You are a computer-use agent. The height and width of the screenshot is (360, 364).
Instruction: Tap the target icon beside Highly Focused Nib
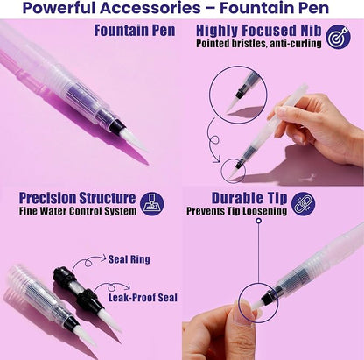pos(339,37)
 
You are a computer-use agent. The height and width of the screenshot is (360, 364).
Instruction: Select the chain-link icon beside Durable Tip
pos(304,204)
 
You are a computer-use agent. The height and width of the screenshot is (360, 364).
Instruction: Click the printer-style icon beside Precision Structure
pos(152,204)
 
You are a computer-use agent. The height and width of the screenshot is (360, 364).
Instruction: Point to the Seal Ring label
pos(129,259)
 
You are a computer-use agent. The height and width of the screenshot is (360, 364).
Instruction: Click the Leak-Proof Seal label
pos(143,298)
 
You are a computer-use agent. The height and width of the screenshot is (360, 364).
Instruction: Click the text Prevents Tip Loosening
pos(237,211)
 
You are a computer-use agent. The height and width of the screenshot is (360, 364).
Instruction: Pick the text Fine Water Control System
pos(78,211)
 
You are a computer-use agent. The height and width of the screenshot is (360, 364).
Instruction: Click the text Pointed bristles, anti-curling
pos(259,44)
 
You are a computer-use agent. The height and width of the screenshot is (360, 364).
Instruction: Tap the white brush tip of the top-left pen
pos(136,141)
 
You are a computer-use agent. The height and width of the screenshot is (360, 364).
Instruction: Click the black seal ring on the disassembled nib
pos(60,275)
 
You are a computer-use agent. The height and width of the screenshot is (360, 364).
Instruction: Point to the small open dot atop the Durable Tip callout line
pos(258,220)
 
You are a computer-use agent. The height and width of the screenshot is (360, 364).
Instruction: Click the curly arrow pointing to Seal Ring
pos(88,261)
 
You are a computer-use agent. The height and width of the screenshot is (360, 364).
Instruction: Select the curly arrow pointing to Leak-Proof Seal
pos(112,287)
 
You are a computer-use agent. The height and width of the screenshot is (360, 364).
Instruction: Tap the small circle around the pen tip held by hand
pos(233,171)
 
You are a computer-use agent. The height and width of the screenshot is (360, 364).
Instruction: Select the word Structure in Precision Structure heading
pos(108,198)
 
